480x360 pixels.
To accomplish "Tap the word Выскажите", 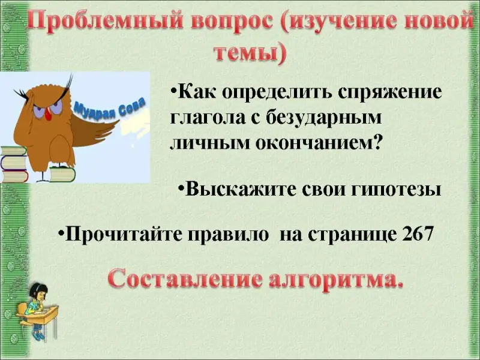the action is (x=242, y=189).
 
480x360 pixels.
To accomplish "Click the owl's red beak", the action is (x=48, y=114).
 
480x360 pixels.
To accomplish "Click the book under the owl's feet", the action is (x=62, y=175).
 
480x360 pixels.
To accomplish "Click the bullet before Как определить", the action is (x=173, y=92).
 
